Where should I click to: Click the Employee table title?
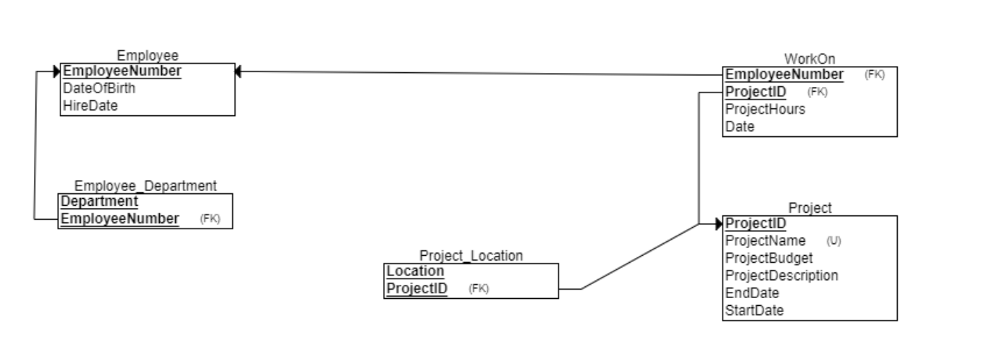(x=147, y=56)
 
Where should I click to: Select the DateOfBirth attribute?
(x=99, y=88)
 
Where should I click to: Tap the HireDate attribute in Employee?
(x=90, y=105)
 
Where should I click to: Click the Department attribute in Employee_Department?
(x=99, y=202)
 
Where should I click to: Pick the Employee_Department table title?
(x=145, y=186)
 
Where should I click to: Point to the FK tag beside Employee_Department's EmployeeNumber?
(x=210, y=219)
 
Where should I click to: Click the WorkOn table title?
(x=810, y=59)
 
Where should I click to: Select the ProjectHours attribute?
(x=765, y=109)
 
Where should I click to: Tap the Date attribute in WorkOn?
(x=739, y=126)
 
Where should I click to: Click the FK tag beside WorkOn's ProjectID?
(x=818, y=92)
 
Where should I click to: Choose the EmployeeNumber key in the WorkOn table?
(x=785, y=74)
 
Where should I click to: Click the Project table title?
(x=810, y=208)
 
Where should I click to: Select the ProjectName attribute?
(x=765, y=240)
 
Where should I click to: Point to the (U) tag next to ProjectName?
(x=834, y=241)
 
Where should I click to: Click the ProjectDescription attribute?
(x=781, y=275)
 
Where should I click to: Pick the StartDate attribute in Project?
(x=754, y=310)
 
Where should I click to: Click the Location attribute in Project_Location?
(x=415, y=271)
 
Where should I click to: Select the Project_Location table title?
(x=470, y=256)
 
